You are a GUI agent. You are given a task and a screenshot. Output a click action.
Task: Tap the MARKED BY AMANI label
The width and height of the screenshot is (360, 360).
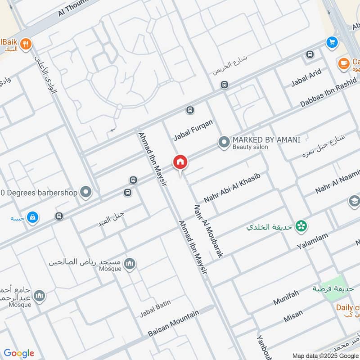coord(266,139)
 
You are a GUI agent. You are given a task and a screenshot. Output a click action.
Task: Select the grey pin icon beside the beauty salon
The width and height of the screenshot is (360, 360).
coord(224,143)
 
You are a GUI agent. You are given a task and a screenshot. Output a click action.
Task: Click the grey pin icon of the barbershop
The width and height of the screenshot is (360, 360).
coord(85,193)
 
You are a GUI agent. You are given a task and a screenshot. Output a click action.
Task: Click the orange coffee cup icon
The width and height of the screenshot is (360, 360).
coord(345,63)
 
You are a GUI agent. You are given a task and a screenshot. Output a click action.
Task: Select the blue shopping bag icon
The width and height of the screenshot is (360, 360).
coord(32,218)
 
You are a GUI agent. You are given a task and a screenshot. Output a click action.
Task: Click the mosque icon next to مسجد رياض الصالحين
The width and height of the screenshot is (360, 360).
coord(130,264)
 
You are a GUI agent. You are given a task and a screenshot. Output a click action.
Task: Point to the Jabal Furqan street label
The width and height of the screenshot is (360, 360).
coord(193,130)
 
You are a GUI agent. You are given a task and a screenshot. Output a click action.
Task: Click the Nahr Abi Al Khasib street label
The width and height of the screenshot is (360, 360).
coord(232,187)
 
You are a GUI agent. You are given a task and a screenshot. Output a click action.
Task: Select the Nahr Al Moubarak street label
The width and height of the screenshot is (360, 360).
coord(208,231)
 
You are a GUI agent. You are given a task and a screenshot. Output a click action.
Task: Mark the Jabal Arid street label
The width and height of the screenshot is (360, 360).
coord(306,77)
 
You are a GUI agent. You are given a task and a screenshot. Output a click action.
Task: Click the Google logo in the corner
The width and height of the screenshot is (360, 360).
coord(19,353)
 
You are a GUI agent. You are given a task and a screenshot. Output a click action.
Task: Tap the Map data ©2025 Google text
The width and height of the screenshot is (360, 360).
coord(325,355)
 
